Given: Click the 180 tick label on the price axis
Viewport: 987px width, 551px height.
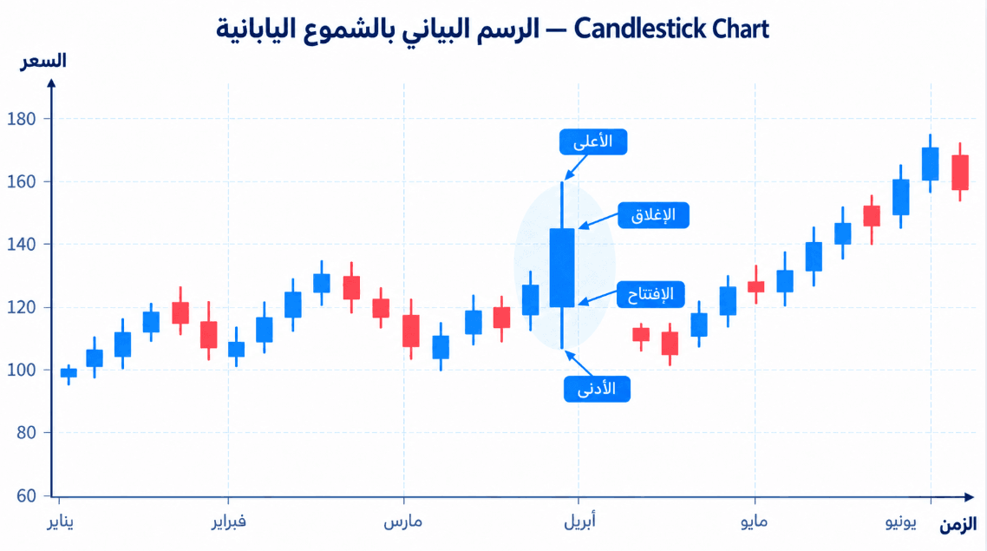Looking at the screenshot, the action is tap(22, 118).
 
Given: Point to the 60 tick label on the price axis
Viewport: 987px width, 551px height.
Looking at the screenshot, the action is tap(26, 495).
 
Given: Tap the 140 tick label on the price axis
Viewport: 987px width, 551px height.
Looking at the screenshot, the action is tap(22, 244).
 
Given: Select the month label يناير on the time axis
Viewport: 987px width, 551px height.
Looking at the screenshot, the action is tap(61, 522).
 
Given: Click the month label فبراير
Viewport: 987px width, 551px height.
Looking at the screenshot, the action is tap(228, 522).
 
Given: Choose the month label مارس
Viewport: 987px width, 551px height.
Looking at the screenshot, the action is tap(402, 522).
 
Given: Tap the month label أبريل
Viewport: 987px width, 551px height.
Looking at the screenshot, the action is tap(579, 521).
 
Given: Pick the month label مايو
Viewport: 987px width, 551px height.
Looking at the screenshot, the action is tap(754, 522).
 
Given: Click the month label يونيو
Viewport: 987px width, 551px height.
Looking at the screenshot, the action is tap(901, 522).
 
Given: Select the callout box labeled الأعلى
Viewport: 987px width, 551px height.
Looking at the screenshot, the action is tap(593, 141).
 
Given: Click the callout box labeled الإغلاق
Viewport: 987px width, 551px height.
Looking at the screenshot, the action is tap(653, 214).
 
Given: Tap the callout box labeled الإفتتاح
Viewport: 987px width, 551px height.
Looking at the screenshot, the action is tap(650, 294).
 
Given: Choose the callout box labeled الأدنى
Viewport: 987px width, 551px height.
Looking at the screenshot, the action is tap(597, 389).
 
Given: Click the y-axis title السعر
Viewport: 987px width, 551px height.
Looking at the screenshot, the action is tap(43, 61).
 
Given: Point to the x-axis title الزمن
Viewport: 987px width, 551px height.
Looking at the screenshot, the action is tap(958, 524).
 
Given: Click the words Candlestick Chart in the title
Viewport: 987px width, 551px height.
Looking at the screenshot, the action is tap(671, 29).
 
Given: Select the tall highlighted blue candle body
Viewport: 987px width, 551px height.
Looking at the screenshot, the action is tap(562, 267).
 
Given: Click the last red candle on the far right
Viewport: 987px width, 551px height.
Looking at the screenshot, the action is tap(960, 173).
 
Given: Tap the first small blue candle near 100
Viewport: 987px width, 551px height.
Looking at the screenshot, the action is tap(69, 373).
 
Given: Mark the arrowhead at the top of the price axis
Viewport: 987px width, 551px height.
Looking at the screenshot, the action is tap(52, 82).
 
